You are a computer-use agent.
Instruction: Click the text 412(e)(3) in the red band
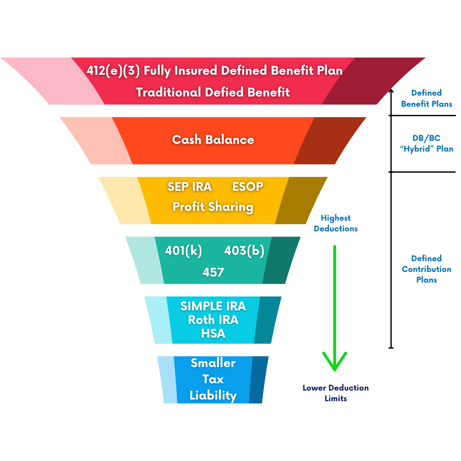tap(113, 70)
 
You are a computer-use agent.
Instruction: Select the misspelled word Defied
tap(225, 92)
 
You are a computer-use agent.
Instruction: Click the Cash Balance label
tap(213, 140)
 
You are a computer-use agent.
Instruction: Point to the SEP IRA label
tap(190, 187)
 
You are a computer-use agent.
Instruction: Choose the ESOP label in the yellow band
tap(248, 187)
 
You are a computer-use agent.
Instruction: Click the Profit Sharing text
tap(213, 207)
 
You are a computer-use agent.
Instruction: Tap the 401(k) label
tap(184, 251)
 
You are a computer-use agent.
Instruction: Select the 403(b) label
tap(244, 251)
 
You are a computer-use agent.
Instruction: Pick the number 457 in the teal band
tap(213, 272)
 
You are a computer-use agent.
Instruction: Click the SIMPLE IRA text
tap(213, 306)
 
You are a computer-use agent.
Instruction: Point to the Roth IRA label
tap(213, 320)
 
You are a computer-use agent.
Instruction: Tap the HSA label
tap(213, 333)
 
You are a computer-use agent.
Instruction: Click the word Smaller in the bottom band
tap(213, 363)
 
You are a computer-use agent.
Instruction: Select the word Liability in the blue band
tap(213, 395)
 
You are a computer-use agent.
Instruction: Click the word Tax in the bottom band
tap(213, 379)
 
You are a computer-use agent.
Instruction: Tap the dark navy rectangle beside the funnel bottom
tap(336, 397)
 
